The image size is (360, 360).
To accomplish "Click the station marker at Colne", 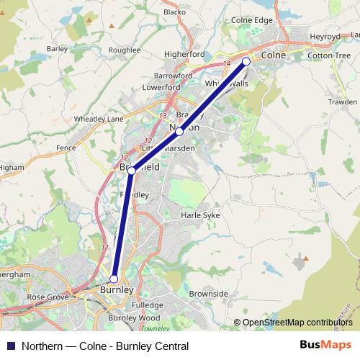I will [x=246, y=62].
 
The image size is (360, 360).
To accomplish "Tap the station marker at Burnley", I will [x=114, y=279].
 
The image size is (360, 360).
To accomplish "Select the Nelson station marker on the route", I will [x=179, y=132].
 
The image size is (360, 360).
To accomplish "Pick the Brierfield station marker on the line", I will [x=132, y=171].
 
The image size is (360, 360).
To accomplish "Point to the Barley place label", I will [x=56, y=50].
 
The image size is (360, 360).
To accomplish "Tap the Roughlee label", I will [x=125, y=50].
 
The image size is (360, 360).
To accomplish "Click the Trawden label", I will [x=342, y=102].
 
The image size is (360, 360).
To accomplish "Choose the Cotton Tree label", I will [x=328, y=55].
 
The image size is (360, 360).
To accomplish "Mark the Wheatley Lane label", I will [x=99, y=119].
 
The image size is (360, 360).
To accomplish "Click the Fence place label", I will [x=66, y=147].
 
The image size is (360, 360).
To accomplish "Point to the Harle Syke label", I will [x=200, y=215].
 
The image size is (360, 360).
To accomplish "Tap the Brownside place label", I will [x=208, y=294].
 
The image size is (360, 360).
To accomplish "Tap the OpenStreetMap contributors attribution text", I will [x=297, y=323].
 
